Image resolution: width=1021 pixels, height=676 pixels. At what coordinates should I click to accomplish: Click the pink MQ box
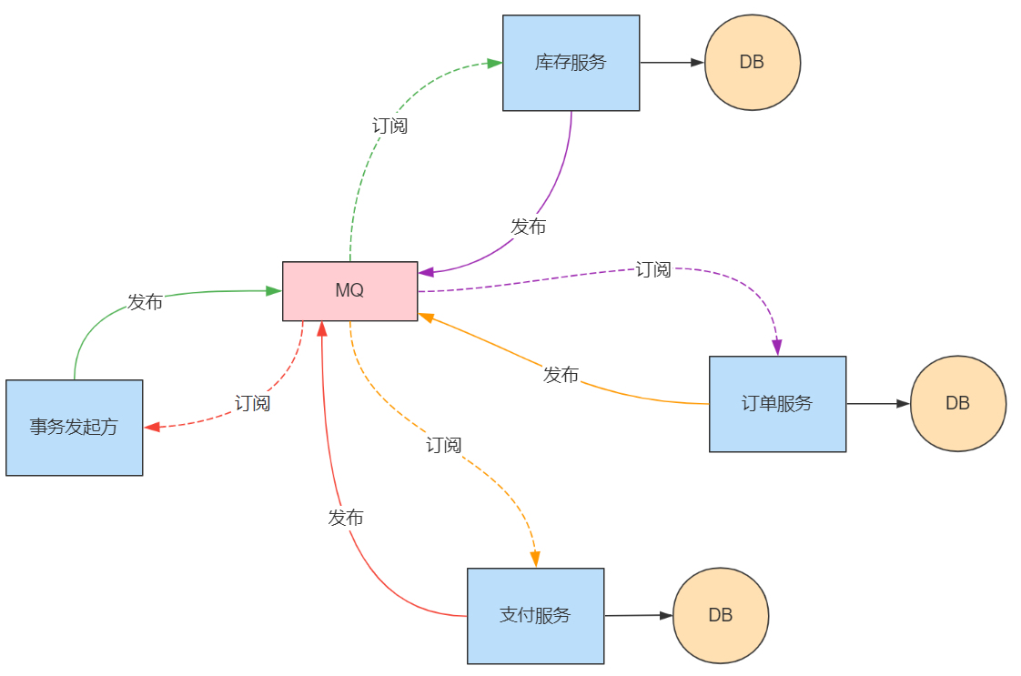click(349, 291)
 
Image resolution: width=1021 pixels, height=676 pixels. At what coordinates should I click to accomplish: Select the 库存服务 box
click(571, 63)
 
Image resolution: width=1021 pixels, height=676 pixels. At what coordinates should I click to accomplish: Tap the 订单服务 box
click(777, 404)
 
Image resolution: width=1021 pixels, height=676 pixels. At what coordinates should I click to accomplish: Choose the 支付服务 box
click(535, 616)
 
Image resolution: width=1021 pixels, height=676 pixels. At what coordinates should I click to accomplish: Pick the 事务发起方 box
click(74, 428)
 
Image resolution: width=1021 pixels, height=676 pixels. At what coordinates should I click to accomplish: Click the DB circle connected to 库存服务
click(752, 63)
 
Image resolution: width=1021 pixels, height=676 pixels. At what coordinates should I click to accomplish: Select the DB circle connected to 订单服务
click(957, 403)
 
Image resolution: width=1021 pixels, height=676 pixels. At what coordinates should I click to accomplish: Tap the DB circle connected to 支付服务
click(720, 615)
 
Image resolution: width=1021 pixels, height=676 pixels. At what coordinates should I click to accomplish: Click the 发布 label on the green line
click(145, 302)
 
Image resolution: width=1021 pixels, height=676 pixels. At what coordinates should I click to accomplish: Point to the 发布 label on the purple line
click(528, 227)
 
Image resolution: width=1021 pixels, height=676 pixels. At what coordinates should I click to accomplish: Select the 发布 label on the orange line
click(561, 374)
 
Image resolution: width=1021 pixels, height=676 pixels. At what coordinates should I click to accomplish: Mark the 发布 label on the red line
click(345, 518)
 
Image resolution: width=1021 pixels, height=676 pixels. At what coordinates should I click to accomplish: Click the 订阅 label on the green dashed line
click(389, 126)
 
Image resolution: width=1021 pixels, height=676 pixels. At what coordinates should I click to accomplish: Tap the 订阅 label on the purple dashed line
click(652, 269)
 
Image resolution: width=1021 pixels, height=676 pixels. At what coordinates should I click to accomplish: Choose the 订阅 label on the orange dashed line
click(443, 445)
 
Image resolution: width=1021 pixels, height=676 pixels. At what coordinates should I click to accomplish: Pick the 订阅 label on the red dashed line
click(252, 403)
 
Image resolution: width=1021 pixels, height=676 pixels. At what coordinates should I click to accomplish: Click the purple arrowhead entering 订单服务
click(777, 348)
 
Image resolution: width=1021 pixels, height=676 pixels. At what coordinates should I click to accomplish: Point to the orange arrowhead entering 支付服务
click(535, 560)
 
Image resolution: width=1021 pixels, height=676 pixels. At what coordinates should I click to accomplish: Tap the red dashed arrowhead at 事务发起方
click(152, 427)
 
